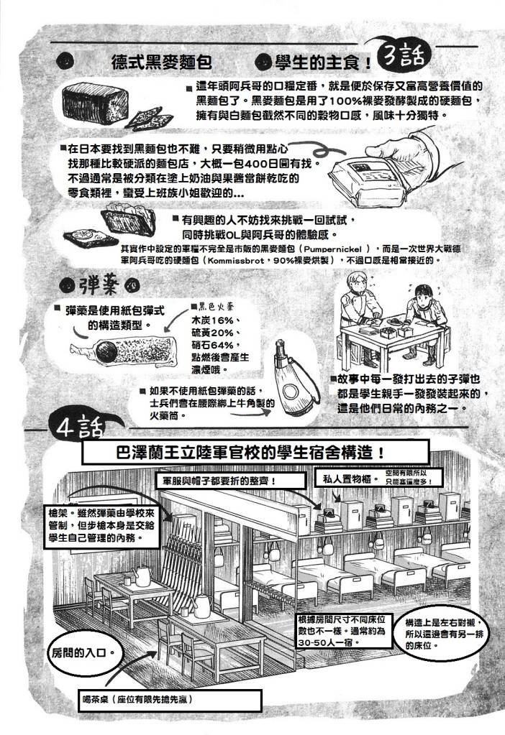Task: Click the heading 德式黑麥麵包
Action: (161, 61)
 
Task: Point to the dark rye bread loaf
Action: (95, 103)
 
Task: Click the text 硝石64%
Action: (213, 346)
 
